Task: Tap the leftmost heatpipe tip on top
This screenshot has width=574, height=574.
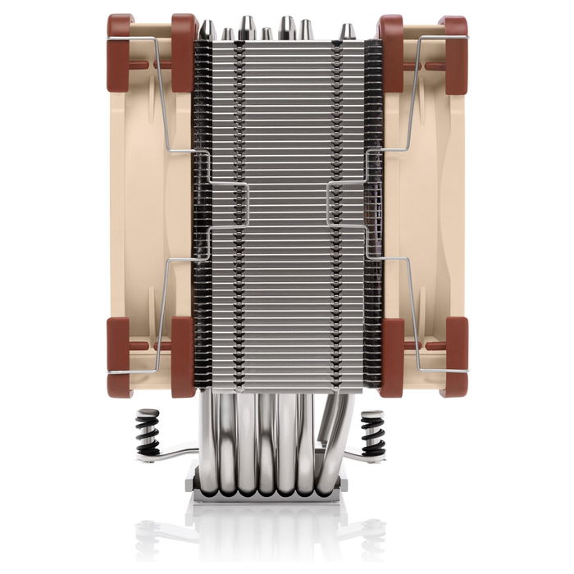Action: coord(208,30)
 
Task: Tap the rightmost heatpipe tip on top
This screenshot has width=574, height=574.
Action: coord(348,31)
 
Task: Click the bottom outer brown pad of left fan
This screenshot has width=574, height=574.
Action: coord(120,357)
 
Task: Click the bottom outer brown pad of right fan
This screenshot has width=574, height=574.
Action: coord(453,357)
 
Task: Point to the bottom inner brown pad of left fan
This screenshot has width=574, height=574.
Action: coord(183,357)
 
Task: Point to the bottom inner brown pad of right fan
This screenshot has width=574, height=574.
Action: coord(390,357)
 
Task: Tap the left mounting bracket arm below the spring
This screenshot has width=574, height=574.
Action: coord(172,456)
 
